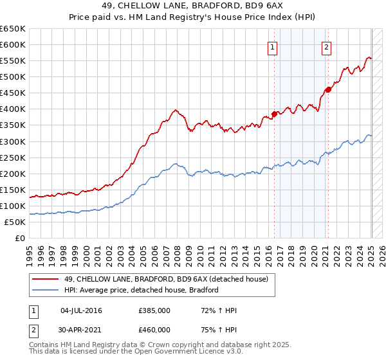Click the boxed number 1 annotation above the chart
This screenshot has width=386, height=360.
pyautogui.click(x=273, y=46)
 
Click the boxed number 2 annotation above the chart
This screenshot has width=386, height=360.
pyautogui.click(x=327, y=46)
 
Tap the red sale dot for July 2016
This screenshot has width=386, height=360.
pyautogui.click(x=274, y=114)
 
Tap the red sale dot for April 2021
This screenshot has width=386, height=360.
pyautogui.click(x=327, y=89)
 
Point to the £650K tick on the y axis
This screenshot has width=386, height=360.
pyautogui.click(x=13, y=29)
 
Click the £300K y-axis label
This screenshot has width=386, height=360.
pyautogui.click(x=13, y=141)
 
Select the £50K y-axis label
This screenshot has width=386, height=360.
pyautogui.click(x=15, y=222)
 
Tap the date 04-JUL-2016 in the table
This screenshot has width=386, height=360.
pyautogui.click(x=81, y=311)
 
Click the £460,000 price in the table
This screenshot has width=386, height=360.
pyautogui.click(x=154, y=330)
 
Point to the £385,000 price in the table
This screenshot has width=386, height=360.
pyautogui.click(x=154, y=311)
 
